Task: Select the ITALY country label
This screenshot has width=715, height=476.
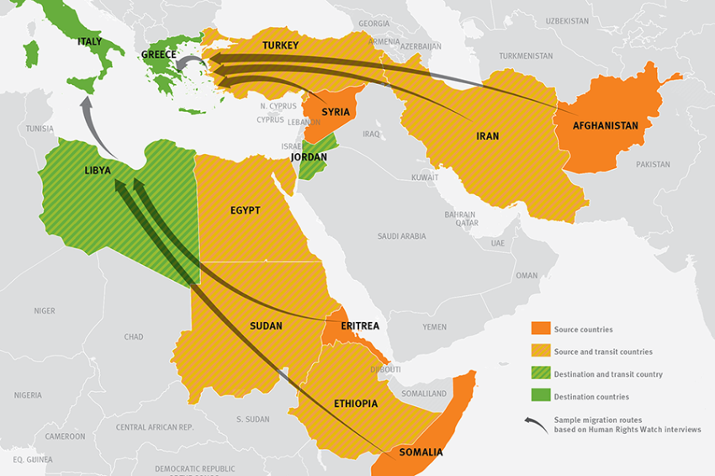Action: point(89,41)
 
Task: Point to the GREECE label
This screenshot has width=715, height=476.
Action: point(158,55)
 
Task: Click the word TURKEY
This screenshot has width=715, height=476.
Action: point(280,45)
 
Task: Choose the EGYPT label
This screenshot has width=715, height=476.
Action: point(245,210)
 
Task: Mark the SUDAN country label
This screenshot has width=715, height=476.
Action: point(266,325)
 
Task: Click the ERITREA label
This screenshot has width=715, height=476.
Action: point(360,325)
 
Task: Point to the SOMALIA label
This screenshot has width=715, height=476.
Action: point(421,452)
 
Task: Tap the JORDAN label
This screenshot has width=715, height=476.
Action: point(309,157)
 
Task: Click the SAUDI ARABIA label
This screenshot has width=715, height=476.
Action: point(401,236)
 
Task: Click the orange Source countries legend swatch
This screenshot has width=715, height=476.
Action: point(540,330)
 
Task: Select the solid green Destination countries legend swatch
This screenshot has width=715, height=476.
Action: point(540,396)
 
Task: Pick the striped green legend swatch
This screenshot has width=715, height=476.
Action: point(540,374)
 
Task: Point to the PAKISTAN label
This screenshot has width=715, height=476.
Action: point(653,165)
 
